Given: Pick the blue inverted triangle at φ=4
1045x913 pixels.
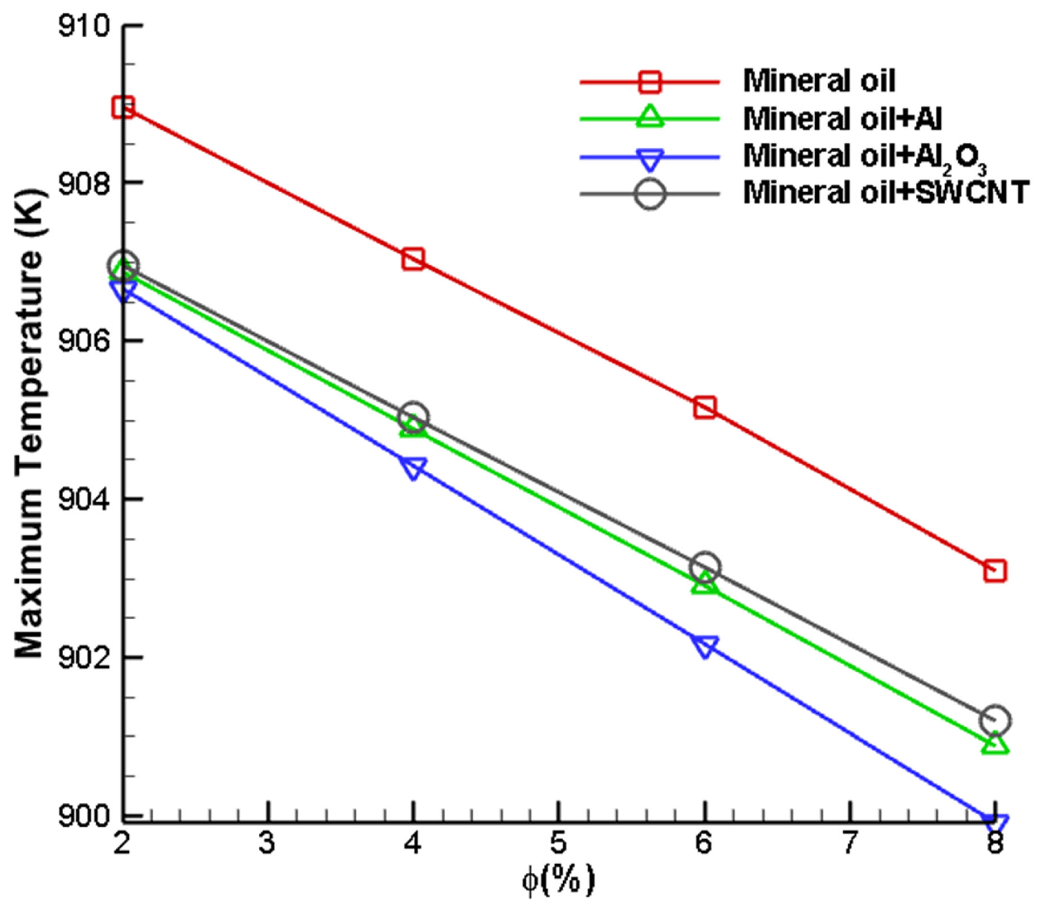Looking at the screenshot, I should point(413,467).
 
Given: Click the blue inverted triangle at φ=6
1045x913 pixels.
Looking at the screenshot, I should point(704,646).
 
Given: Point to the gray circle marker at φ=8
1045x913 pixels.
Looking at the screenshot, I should point(994,719).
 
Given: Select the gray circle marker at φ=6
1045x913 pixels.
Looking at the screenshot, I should point(704,566).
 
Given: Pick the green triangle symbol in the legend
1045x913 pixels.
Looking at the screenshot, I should point(650,117).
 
